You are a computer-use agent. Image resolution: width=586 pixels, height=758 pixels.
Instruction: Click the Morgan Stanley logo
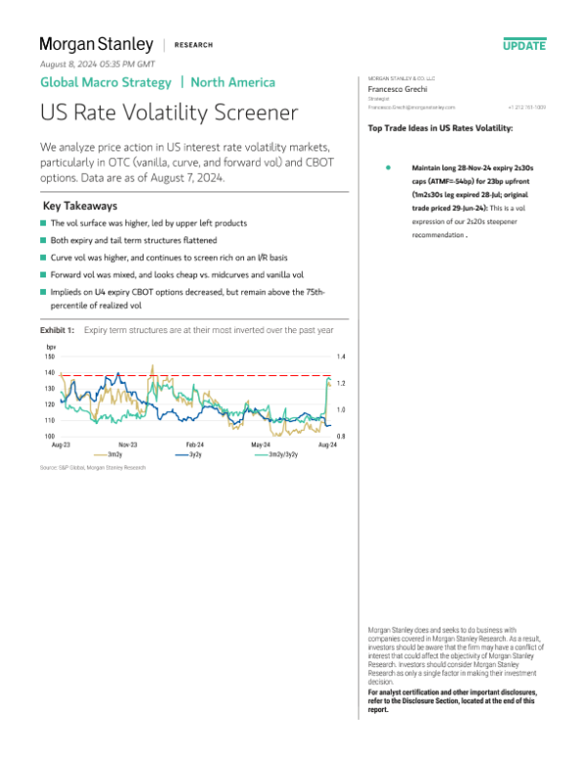[x=96, y=44]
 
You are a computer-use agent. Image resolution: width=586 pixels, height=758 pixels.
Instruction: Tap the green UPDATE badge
[x=524, y=46]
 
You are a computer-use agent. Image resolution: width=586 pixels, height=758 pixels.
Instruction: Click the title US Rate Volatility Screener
[x=168, y=112]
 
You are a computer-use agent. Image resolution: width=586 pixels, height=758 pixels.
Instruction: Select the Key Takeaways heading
[x=81, y=207]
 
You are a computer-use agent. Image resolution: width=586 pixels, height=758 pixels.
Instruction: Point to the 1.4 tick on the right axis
[x=341, y=358]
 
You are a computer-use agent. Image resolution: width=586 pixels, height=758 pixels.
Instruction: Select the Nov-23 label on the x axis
[x=128, y=443]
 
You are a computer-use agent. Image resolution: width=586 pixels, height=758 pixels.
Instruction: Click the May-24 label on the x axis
[x=262, y=443]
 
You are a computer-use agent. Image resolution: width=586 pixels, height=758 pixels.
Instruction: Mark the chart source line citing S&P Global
[x=93, y=469]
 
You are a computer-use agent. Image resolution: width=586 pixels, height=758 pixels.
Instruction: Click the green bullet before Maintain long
[x=388, y=168]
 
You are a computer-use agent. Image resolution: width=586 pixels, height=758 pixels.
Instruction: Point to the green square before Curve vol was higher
[x=44, y=257]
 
